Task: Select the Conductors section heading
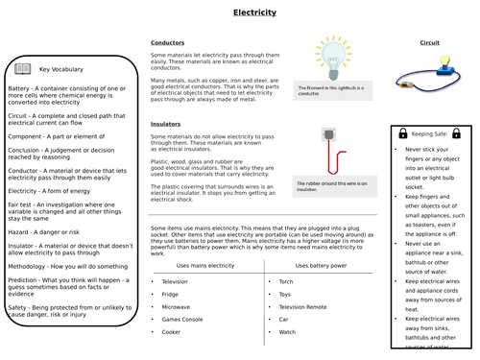tap(168, 43)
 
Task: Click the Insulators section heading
tap(167, 124)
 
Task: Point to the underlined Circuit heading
tap(429, 43)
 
